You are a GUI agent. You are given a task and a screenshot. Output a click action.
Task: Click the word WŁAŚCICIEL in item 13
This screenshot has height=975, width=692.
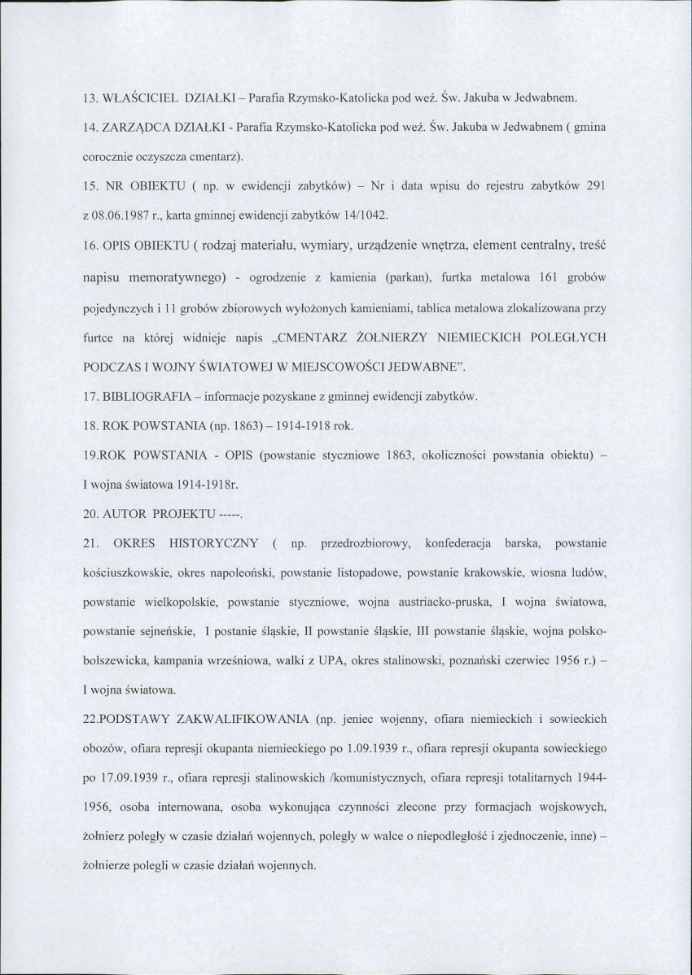point(138,99)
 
